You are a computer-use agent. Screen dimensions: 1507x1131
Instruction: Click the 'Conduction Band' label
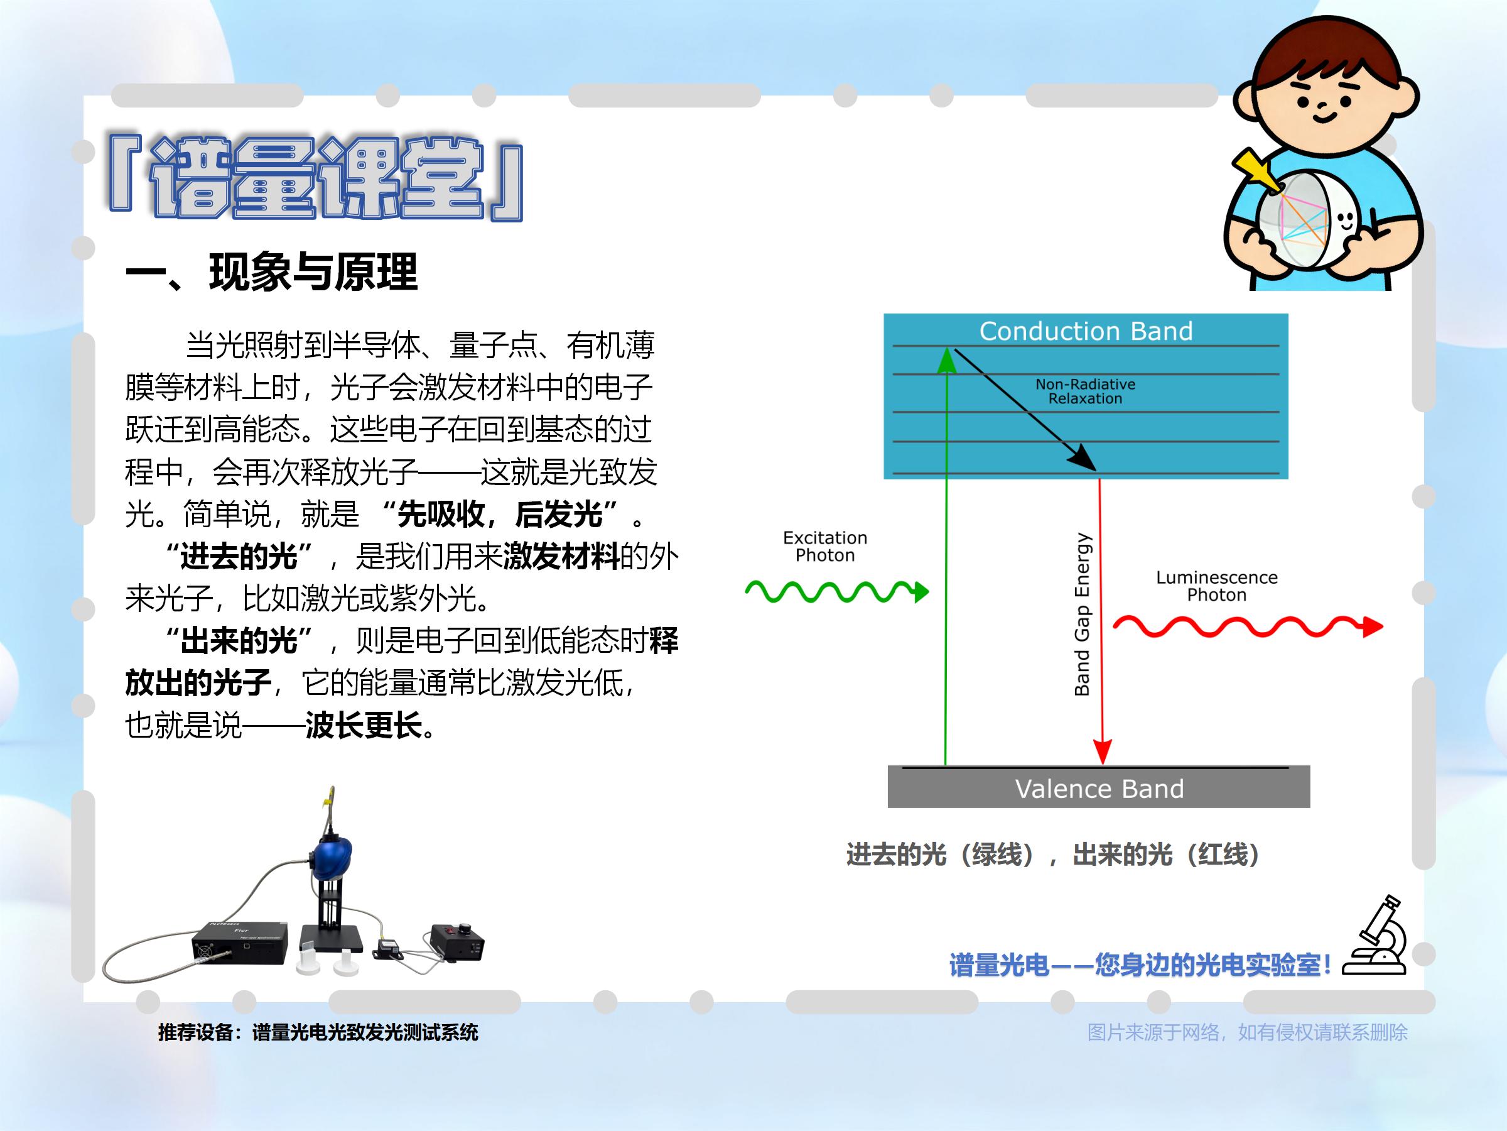(x=1086, y=331)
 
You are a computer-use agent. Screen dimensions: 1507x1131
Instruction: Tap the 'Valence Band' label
(x=1099, y=789)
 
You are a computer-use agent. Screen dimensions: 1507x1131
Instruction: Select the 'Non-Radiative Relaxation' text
(x=1085, y=391)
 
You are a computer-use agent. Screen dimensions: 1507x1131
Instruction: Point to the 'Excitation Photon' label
(x=825, y=546)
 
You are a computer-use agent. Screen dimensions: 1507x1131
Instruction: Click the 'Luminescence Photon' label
(x=1217, y=586)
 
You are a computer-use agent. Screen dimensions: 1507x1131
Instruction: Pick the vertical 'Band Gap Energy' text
(x=1082, y=613)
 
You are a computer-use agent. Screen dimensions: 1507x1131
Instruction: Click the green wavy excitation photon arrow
(x=836, y=591)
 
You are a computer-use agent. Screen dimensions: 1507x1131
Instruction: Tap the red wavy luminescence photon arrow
(x=1248, y=626)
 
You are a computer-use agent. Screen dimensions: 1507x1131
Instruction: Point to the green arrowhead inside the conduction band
(x=946, y=361)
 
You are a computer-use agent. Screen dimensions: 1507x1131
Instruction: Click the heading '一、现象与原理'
(x=271, y=272)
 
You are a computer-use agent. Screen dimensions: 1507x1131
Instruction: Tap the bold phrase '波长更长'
(x=364, y=724)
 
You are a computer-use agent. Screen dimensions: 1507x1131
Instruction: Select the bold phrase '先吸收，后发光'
(x=500, y=514)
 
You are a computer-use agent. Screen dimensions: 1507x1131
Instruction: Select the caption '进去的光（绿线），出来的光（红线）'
(x=1052, y=854)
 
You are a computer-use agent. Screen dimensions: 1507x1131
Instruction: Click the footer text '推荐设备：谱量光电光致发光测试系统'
(x=318, y=1032)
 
